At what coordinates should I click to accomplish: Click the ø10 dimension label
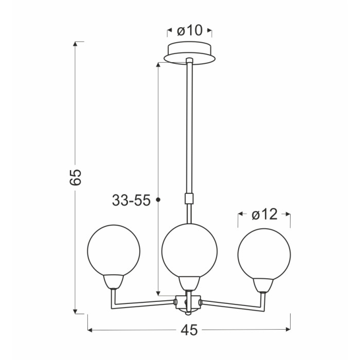(x=190, y=30)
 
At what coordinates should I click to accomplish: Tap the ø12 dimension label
(x=264, y=215)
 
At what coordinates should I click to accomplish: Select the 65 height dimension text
(x=76, y=177)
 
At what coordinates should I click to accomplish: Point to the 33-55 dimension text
(x=131, y=200)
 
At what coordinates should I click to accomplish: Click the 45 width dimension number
(x=189, y=330)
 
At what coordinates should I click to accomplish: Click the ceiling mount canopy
(x=190, y=53)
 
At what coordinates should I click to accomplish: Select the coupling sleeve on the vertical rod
(x=189, y=199)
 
